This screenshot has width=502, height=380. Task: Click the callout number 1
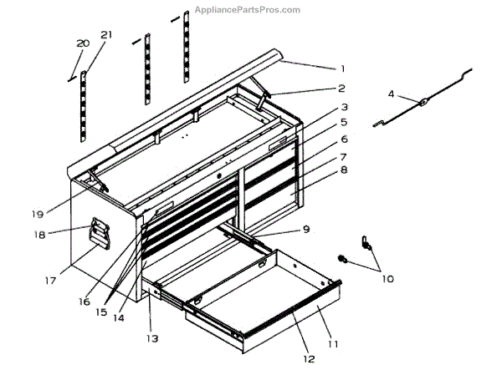click(341, 68)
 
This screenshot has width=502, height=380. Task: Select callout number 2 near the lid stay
click(341, 89)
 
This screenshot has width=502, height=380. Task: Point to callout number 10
click(387, 279)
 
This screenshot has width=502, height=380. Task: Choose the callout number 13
click(151, 339)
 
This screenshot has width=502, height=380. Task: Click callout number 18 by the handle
click(38, 235)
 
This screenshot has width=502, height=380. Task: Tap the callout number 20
click(82, 43)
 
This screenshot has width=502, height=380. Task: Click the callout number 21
click(105, 34)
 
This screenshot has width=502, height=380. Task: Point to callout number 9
click(306, 229)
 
